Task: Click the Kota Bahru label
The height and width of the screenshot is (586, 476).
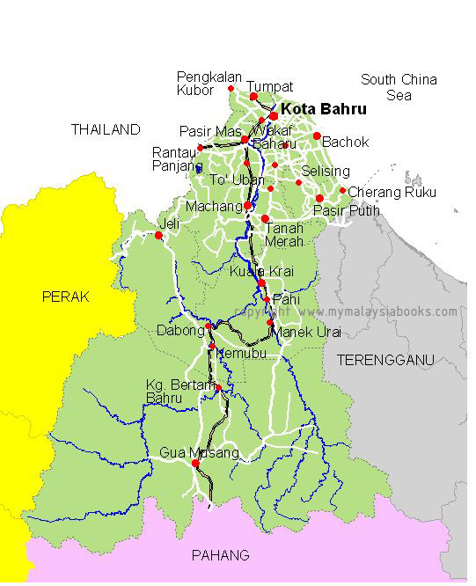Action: [x=323, y=110]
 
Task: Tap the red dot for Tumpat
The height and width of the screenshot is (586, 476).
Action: [x=253, y=97]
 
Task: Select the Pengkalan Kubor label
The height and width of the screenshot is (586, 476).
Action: [x=209, y=83]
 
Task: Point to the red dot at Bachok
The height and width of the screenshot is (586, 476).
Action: [x=317, y=136]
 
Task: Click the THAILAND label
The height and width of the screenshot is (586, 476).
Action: [x=106, y=129]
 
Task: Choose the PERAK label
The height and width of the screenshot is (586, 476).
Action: [x=66, y=297]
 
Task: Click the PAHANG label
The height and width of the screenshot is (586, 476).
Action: [x=220, y=555]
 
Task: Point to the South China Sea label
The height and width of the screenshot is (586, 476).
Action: [x=399, y=86]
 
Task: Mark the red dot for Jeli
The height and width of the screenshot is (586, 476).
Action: [x=158, y=235]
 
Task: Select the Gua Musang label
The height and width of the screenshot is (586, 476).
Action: [x=199, y=453]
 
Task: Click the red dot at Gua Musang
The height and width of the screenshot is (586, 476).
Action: [x=195, y=463]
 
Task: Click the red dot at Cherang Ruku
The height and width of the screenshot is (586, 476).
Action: [x=343, y=190]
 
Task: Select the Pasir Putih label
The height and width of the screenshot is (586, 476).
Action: [x=348, y=211]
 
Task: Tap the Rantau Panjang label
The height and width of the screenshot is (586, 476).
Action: [x=174, y=158]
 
